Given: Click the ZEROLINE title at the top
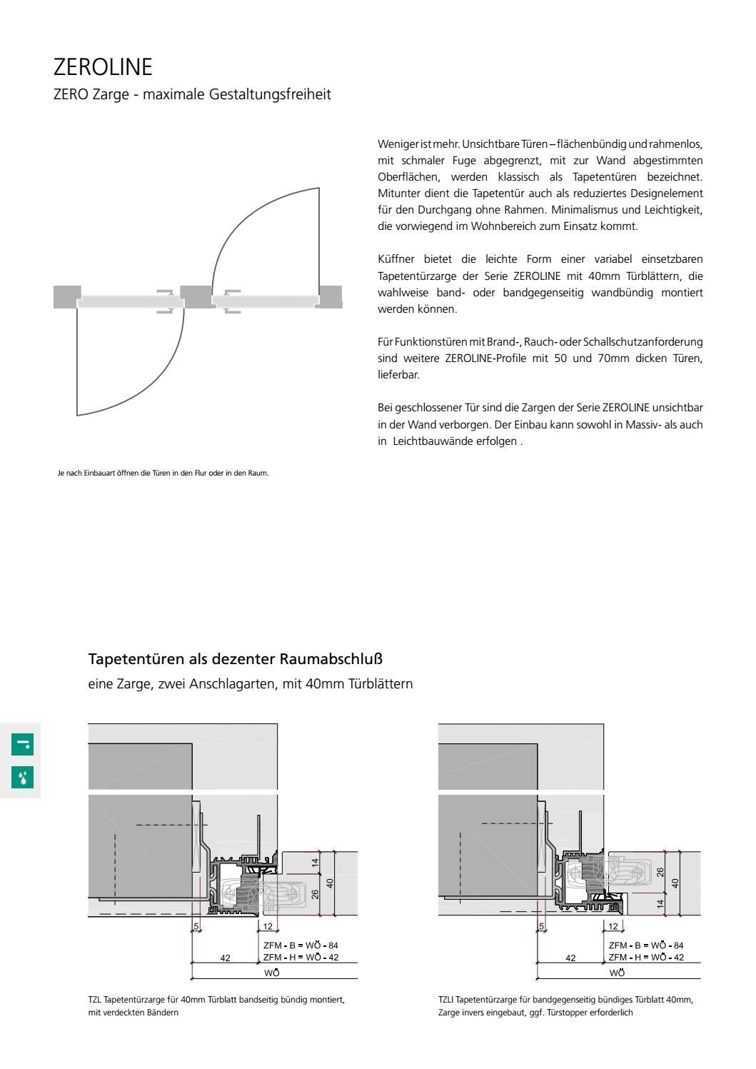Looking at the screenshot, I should (x=103, y=67).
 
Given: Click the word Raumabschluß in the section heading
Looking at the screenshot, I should (x=335, y=658).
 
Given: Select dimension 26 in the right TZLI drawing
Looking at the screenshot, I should (x=660, y=872).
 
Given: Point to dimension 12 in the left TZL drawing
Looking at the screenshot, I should (x=268, y=927).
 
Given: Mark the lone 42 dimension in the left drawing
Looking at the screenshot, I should (x=225, y=958).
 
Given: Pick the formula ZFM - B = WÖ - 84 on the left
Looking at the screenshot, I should (x=301, y=945).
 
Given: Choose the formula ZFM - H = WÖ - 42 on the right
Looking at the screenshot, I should (x=646, y=958).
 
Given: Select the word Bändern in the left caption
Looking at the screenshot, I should (x=164, y=1013).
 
